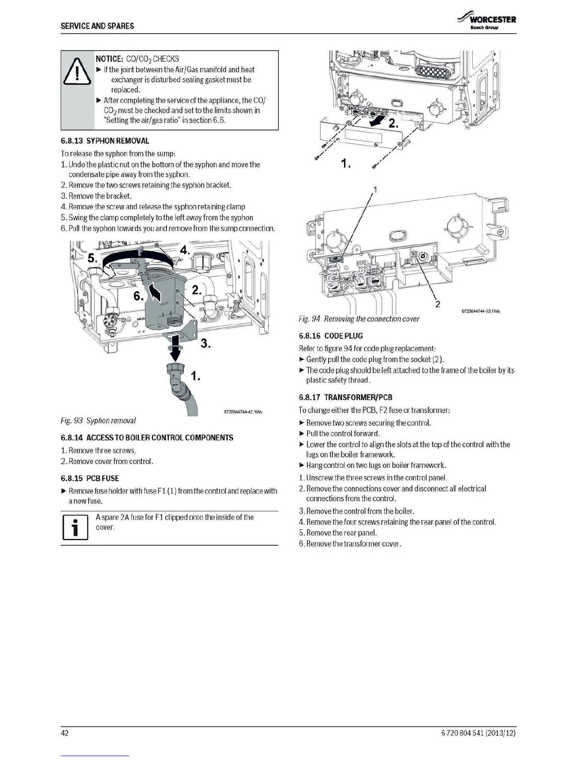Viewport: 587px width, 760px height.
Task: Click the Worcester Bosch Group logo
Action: point(486,21)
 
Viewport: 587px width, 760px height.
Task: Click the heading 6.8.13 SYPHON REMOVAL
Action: point(105,141)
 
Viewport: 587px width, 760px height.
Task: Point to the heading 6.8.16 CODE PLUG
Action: point(330,336)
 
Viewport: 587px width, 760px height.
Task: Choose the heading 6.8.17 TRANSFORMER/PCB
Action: point(345,397)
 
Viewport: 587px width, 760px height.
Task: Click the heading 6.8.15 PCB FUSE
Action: point(90,478)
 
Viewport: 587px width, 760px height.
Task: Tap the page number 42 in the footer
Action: point(65,733)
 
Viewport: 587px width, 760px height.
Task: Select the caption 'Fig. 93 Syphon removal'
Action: point(98,421)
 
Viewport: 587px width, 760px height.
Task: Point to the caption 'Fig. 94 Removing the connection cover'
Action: point(359,319)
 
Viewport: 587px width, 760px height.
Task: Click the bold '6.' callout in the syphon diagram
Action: point(138,297)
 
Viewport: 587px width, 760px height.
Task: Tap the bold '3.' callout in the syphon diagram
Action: point(206,344)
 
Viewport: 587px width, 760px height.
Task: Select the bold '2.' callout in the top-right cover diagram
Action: point(393,124)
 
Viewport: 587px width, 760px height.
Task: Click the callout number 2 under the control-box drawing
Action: point(437,304)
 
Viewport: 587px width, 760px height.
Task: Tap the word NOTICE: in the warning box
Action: point(109,59)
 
